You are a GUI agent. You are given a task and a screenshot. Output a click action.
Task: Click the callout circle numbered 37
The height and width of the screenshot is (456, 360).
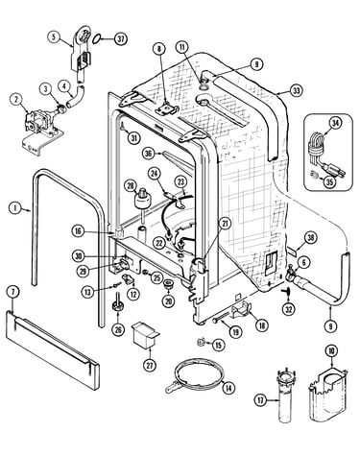click(x=120, y=39)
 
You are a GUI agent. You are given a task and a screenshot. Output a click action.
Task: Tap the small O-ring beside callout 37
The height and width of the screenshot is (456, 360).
click(x=97, y=38)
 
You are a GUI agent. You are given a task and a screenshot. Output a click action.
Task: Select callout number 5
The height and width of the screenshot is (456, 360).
click(x=54, y=36)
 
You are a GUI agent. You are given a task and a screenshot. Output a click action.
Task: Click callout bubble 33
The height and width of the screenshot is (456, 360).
click(x=297, y=90)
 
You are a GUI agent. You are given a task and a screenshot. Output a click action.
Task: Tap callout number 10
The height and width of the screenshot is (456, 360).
click(x=331, y=351)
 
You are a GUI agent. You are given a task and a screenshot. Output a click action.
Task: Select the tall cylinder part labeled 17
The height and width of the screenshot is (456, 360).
click(x=287, y=396)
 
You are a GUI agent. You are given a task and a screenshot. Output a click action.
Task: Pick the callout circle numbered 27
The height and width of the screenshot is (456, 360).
click(x=150, y=365)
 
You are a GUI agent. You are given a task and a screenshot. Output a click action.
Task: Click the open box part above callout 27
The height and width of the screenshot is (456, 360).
click(x=145, y=334)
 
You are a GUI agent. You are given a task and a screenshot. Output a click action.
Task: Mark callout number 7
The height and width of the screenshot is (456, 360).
click(x=12, y=292)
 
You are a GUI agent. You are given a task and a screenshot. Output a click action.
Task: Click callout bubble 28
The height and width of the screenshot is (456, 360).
click(x=131, y=186)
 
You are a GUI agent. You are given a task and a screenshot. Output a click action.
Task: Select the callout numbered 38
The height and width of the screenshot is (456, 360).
click(x=310, y=237)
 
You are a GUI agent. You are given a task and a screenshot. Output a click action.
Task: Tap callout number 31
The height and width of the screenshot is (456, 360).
click(x=134, y=137)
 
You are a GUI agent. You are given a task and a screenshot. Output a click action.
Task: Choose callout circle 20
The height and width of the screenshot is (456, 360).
click(x=168, y=300)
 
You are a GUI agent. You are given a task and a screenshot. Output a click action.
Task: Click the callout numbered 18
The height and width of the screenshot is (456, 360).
click(x=261, y=324)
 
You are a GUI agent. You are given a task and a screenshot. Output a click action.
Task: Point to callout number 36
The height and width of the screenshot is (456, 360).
click(x=148, y=154)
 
